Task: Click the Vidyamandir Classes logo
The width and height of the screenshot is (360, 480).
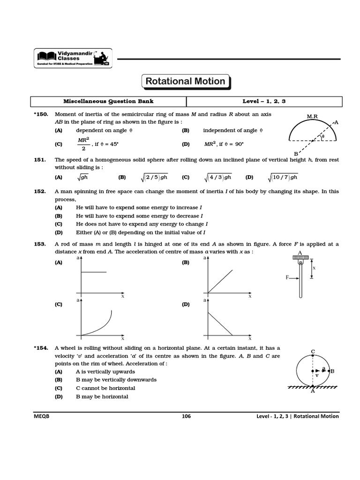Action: click(x=73, y=58)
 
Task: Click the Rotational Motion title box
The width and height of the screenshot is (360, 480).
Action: click(x=185, y=81)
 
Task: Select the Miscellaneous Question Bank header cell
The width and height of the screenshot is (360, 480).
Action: click(x=108, y=101)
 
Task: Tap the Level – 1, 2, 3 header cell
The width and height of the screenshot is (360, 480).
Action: click(x=264, y=101)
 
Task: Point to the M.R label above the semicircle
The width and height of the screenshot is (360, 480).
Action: click(x=312, y=116)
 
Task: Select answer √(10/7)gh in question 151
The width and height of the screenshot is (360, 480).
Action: click(x=283, y=177)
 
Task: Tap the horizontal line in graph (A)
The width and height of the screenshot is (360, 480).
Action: click(x=94, y=272)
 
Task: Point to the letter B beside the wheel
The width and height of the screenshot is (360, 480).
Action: click(x=332, y=371)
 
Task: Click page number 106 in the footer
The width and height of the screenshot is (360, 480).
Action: click(x=186, y=416)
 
